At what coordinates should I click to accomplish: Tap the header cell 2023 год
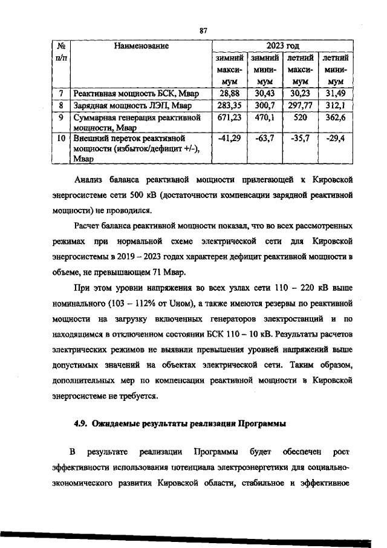[282, 45]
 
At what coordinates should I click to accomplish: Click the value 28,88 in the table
[230, 93]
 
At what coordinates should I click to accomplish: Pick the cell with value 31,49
[334, 93]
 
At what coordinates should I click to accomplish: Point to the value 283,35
[230, 105]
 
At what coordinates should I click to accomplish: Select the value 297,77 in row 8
[300, 105]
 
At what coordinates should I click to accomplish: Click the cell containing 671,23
[230, 117]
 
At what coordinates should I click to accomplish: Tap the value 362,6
[334, 117]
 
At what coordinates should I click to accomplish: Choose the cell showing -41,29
[230, 139]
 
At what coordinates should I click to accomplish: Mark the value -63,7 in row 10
[265, 139]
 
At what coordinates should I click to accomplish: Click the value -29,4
[334, 139]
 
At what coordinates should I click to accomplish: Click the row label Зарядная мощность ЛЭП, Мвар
[123, 105]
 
